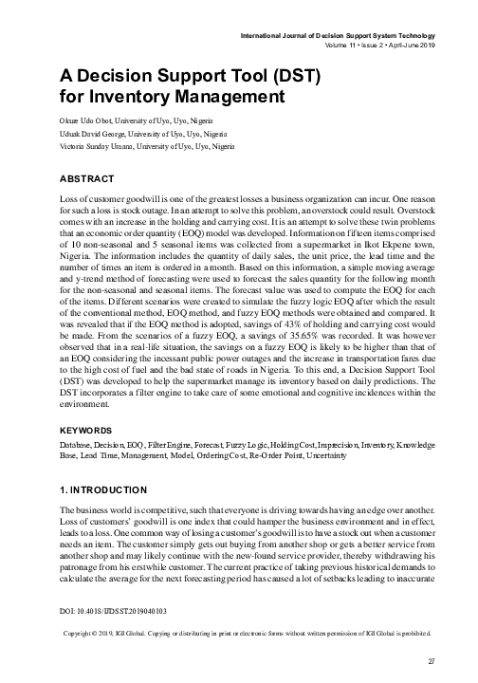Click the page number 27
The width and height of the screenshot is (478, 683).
coord(432,662)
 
